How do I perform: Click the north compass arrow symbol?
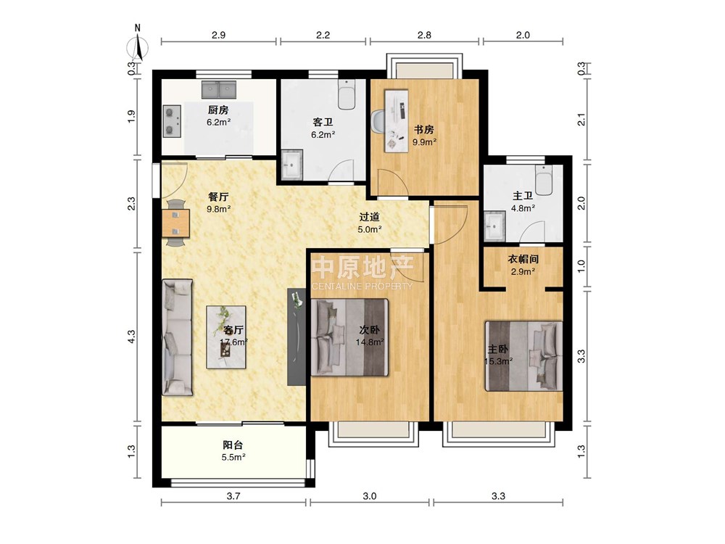(138, 46)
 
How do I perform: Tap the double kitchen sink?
(219, 89)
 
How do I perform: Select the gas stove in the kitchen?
(172, 121)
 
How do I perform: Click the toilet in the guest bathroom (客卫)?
(347, 94)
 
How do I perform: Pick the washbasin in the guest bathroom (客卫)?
(291, 164)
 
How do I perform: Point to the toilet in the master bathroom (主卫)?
(544, 181)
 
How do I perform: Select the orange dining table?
(175, 223)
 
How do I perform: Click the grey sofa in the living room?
(177, 337)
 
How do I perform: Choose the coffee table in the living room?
(226, 337)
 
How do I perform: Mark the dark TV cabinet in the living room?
(297, 337)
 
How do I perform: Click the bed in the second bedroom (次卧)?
(349, 337)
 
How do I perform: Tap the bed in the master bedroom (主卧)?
(523, 356)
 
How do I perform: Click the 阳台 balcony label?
(233, 445)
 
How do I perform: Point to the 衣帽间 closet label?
(523, 259)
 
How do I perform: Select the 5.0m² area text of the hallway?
(370, 229)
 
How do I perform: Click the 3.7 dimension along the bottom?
(233, 496)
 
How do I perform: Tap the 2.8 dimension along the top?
(424, 35)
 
